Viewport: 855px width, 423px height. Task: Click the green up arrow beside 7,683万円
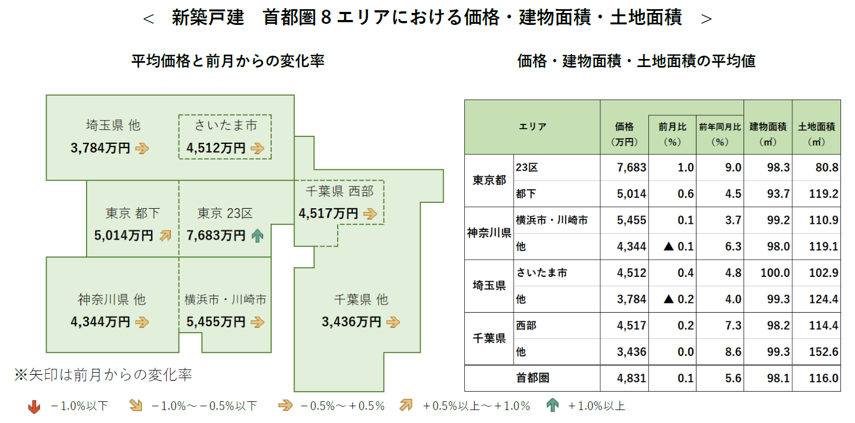pos(258,236)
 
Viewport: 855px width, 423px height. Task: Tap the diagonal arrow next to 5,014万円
pos(165,236)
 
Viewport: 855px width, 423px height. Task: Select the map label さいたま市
pos(226,125)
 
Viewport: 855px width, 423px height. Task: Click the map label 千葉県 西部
pos(339,191)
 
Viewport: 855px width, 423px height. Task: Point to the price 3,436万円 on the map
pos(352,322)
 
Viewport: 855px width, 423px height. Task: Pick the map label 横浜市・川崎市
pos(225,300)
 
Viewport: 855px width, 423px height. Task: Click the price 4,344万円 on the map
pos(101,322)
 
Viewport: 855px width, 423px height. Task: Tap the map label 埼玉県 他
pos(113,125)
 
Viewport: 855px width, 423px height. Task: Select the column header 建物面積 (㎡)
pos(768,134)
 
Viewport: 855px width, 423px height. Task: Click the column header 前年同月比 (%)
pos(720,134)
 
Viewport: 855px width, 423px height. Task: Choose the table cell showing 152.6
pos(823,352)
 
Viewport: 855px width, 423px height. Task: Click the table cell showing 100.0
pos(775,273)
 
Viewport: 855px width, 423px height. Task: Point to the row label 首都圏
pos(532,378)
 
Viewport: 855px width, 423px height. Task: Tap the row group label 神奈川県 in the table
pos(489,233)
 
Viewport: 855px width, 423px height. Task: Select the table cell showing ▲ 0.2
pos(679,299)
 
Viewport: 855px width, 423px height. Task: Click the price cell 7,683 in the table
pos(632,168)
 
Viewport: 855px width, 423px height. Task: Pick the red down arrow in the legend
pos(34,406)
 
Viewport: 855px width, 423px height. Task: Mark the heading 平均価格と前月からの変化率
pos(228,61)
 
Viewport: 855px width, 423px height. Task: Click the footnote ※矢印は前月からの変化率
pos(103,375)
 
